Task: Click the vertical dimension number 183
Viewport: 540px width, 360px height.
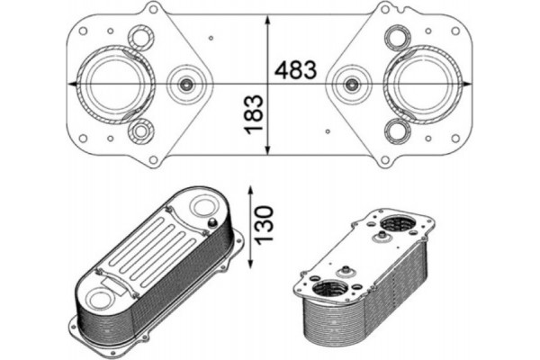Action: (254, 113)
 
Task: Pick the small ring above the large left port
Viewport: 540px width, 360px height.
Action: (140, 38)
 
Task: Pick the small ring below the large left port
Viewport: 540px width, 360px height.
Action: (140, 131)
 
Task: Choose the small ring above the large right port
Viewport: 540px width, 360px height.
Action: (396, 38)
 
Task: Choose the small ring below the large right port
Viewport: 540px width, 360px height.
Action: (396, 131)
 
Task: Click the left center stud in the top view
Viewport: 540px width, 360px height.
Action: (186, 85)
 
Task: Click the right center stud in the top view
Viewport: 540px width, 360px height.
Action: (351, 85)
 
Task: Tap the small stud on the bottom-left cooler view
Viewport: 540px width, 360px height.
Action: (211, 223)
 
